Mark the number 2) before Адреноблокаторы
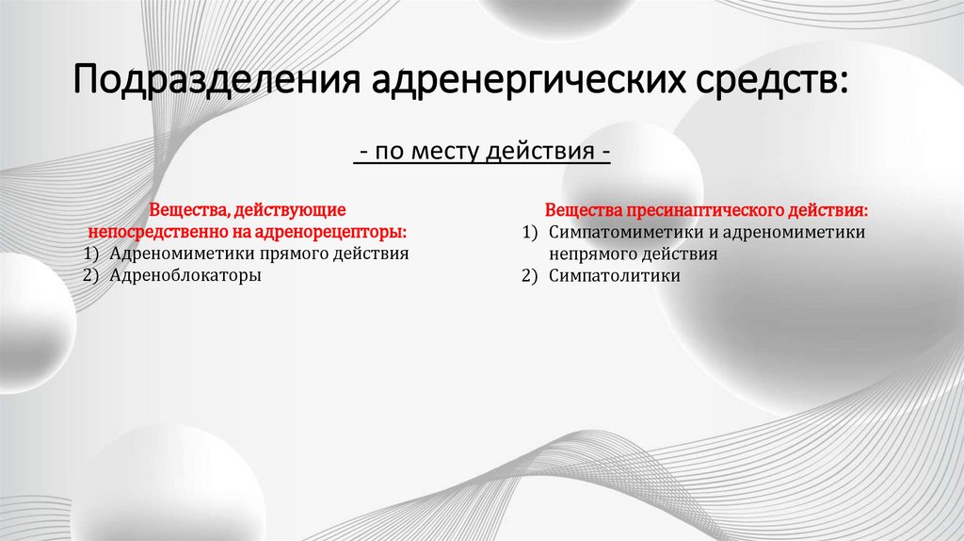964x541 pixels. click(89, 276)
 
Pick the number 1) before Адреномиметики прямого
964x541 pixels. click(89, 254)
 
